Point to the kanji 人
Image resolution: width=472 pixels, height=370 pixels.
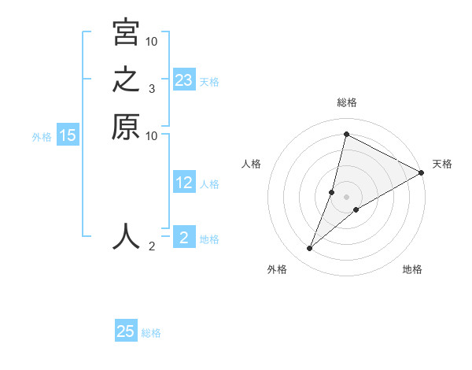coord(126,236)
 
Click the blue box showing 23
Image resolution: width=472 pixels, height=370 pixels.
coord(184,80)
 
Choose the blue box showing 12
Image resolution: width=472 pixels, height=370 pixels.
coord(184,183)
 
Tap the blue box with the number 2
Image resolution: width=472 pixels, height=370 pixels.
coord(184,238)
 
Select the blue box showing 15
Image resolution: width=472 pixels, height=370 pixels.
coord(68,135)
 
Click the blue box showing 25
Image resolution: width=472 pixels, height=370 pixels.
coord(126,331)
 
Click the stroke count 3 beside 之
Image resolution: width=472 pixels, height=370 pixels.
coord(152,90)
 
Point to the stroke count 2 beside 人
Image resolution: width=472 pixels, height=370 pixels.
coord(152,247)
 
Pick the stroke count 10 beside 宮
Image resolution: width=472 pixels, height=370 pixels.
coord(152,42)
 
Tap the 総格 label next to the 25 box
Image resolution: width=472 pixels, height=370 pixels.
coord(151,333)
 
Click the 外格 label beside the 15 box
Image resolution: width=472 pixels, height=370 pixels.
coord(42,136)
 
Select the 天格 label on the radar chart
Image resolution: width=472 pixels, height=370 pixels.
coord(442,164)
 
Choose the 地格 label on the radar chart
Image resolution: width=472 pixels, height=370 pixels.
coord(412,269)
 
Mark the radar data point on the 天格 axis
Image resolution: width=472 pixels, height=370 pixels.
coord(421,173)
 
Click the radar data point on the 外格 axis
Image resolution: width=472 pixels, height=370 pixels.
coord(310,249)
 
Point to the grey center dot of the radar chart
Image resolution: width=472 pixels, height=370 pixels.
coord(346,197)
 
